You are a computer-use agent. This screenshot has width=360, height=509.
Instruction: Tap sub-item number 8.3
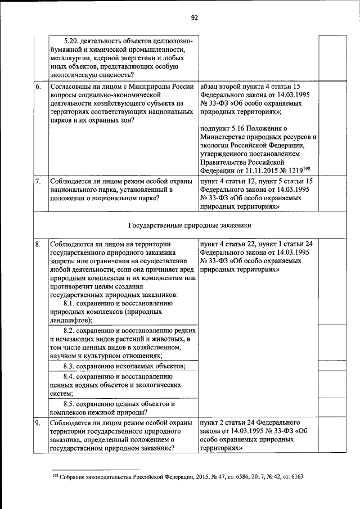click(x=71, y=366)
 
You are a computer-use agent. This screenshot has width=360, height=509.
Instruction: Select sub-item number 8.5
click(x=71, y=404)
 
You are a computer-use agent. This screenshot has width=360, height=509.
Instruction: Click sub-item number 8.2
click(x=71, y=330)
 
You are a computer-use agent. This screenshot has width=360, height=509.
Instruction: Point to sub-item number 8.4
click(x=71, y=376)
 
